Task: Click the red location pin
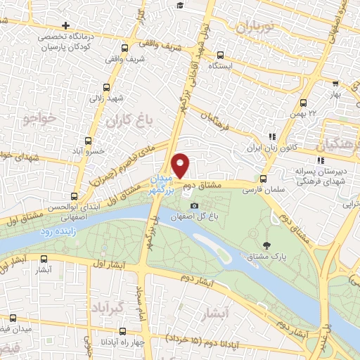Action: pos(181,165)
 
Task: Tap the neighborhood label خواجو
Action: pos(39,118)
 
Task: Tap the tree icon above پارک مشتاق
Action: pos(266,245)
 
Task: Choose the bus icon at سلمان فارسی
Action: pos(264,179)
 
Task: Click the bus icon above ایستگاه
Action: pos(220,55)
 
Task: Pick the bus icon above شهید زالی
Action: pos(106,88)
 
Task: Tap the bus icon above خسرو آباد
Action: pos(89,141)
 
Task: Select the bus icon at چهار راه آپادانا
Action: pos(123,332)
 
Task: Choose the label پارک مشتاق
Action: pos(266,257)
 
